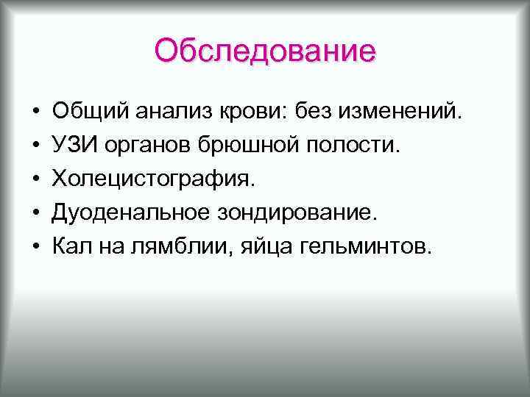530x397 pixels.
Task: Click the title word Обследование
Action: [x=265, y=51]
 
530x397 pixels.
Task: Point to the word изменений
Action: [x=405, y=112]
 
